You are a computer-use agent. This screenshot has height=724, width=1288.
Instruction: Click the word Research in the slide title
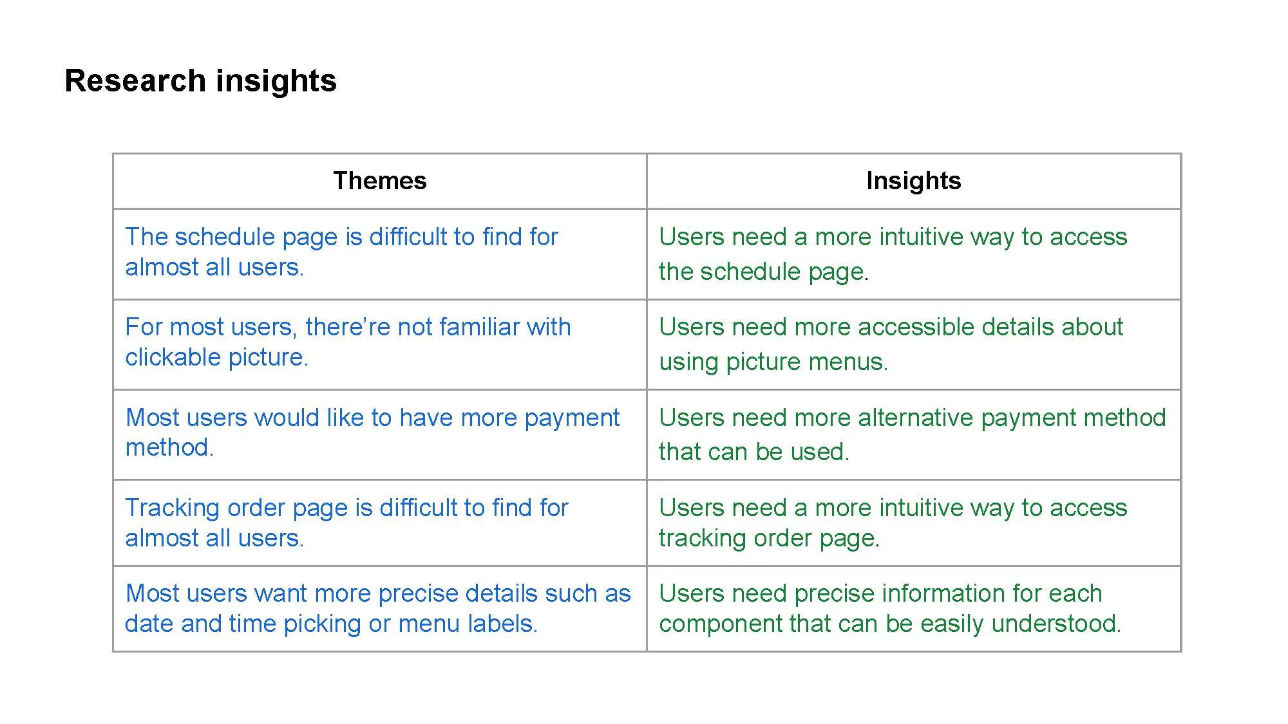pos(135,81)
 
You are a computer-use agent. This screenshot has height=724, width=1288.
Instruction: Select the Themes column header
pos(380,181)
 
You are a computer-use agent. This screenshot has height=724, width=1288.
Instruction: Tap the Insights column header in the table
pos(914,181)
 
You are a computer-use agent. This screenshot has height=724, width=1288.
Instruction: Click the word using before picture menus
pos(689,362)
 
